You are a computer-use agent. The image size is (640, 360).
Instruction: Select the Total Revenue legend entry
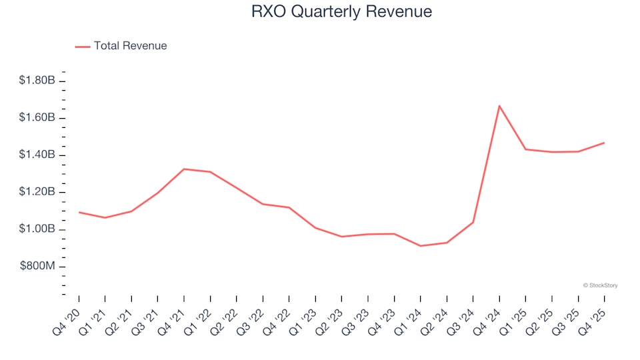pos(130,46)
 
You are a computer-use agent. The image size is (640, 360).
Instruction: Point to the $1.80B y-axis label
pos(38,81)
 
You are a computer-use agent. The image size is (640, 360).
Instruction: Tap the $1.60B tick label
pos(38,118)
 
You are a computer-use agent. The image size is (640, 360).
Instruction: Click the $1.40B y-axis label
pos(38,155)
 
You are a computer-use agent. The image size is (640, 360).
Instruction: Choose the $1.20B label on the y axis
pos(38,193)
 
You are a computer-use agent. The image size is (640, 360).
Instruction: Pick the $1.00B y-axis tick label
pos(38,229)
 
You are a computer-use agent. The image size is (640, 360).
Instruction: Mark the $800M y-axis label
pos(39,267)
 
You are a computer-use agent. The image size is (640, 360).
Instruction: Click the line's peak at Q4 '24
pos(499,105)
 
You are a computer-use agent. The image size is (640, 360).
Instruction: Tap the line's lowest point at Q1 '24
pos(420,246)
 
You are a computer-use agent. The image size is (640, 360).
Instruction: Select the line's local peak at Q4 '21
pos(184,169)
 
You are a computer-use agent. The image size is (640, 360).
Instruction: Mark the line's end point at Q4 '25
pos(604,143)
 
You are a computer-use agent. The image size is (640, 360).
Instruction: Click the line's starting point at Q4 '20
pos(79,212)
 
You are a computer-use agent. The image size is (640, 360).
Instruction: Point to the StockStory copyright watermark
pos(600,285)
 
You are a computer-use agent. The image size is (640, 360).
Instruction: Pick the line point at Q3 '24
pos(473,223)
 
